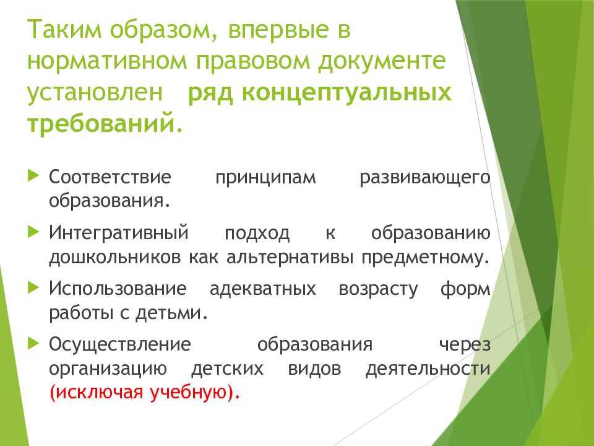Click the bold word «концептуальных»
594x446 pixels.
pos(346,92)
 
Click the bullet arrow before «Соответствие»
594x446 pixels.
pos(33,176)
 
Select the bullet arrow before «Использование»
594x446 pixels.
pos(33,287)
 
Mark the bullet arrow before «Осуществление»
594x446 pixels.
pos(33,343)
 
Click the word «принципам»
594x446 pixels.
pos(265,177)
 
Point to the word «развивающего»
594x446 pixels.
pos(425,177)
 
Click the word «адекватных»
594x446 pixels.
pos(262,289)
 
